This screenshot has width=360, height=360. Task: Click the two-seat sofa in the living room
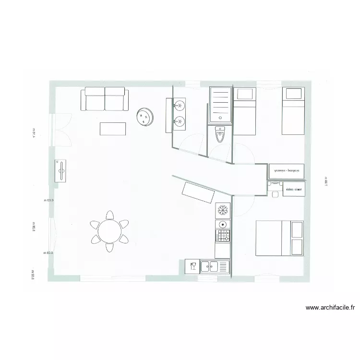pos(105,99)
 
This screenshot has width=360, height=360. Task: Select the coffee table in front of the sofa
pos(113,129)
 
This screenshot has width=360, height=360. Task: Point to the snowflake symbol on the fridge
pos(222,210)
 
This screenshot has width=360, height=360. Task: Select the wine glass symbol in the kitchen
pos(192,266)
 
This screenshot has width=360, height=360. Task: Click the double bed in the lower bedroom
pos(279,238)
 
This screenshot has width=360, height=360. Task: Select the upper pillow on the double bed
pos(297,229)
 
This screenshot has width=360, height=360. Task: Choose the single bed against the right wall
pos(292,111)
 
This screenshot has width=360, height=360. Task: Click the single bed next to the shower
pos(245,111)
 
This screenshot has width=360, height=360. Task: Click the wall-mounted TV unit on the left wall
pos(61,170)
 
